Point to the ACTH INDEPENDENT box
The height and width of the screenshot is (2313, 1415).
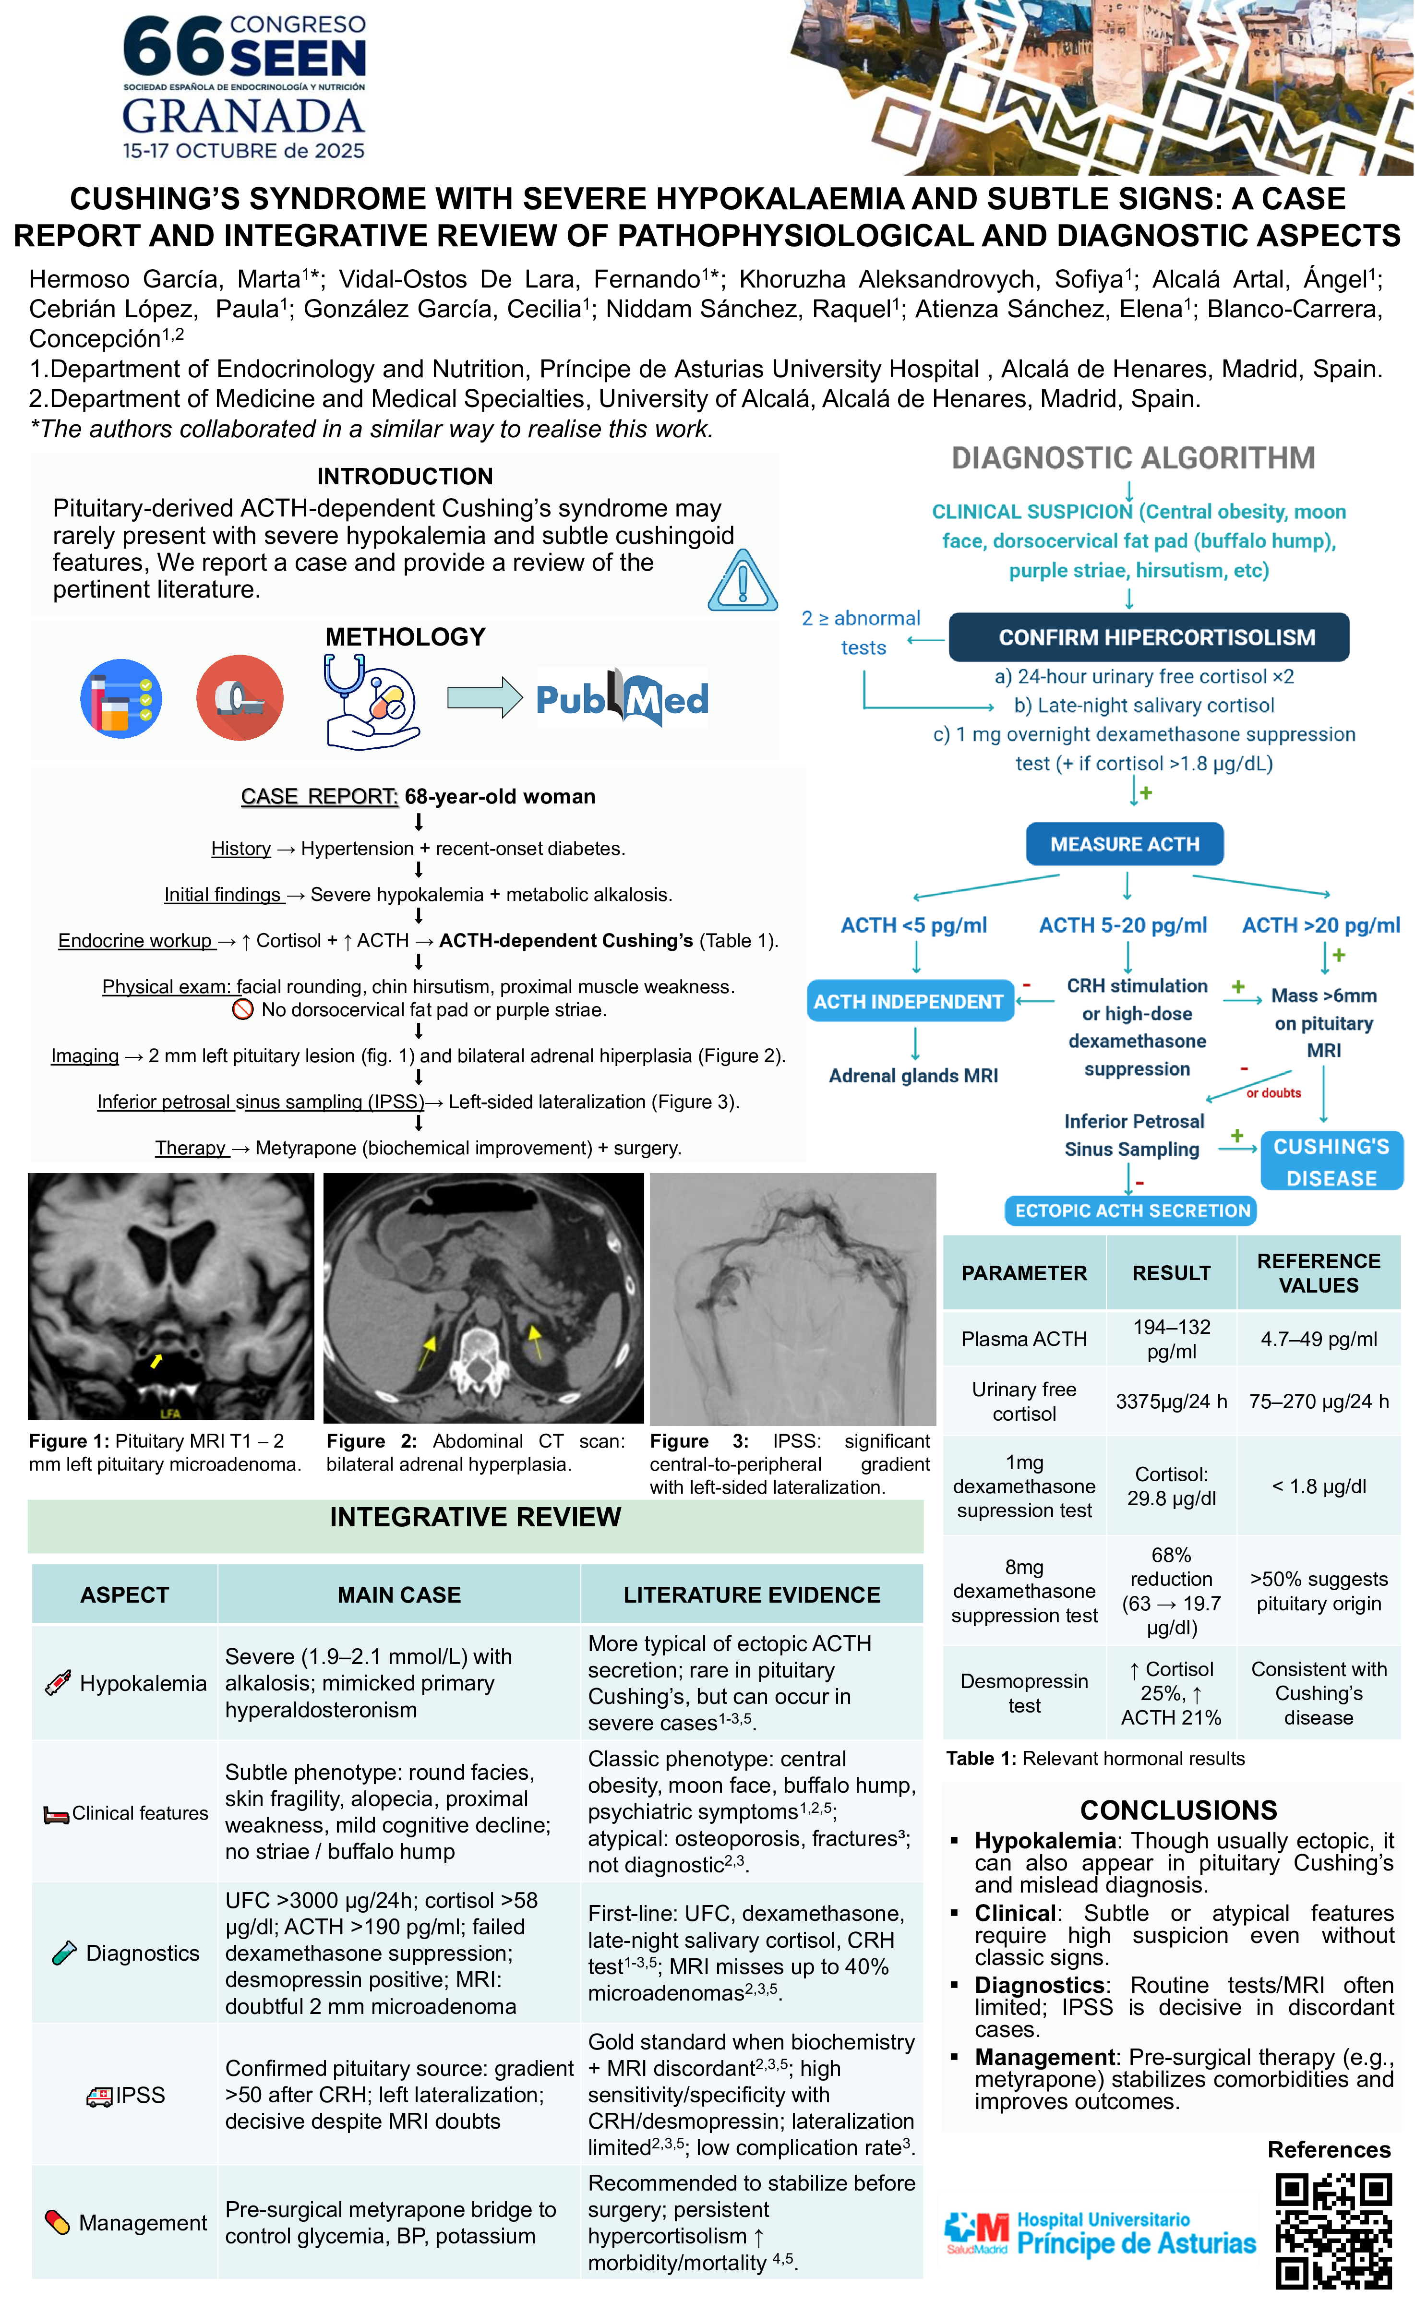click(x=909, y=1002)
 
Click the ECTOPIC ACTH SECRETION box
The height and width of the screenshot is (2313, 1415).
click(x=1131, y=1211)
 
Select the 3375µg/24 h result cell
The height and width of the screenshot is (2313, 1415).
click(x=1171, y=1402)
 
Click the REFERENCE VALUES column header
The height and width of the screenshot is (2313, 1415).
click(x=1319, y=1273)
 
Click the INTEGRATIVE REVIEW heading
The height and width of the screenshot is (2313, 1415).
click(x=475, y=1517)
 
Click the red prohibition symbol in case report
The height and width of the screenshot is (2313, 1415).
click(x=242, y=1010)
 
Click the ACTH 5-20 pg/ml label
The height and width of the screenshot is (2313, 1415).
click(x=1123, y=925)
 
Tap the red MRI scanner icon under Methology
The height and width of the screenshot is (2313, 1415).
click(x=240, y=697)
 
